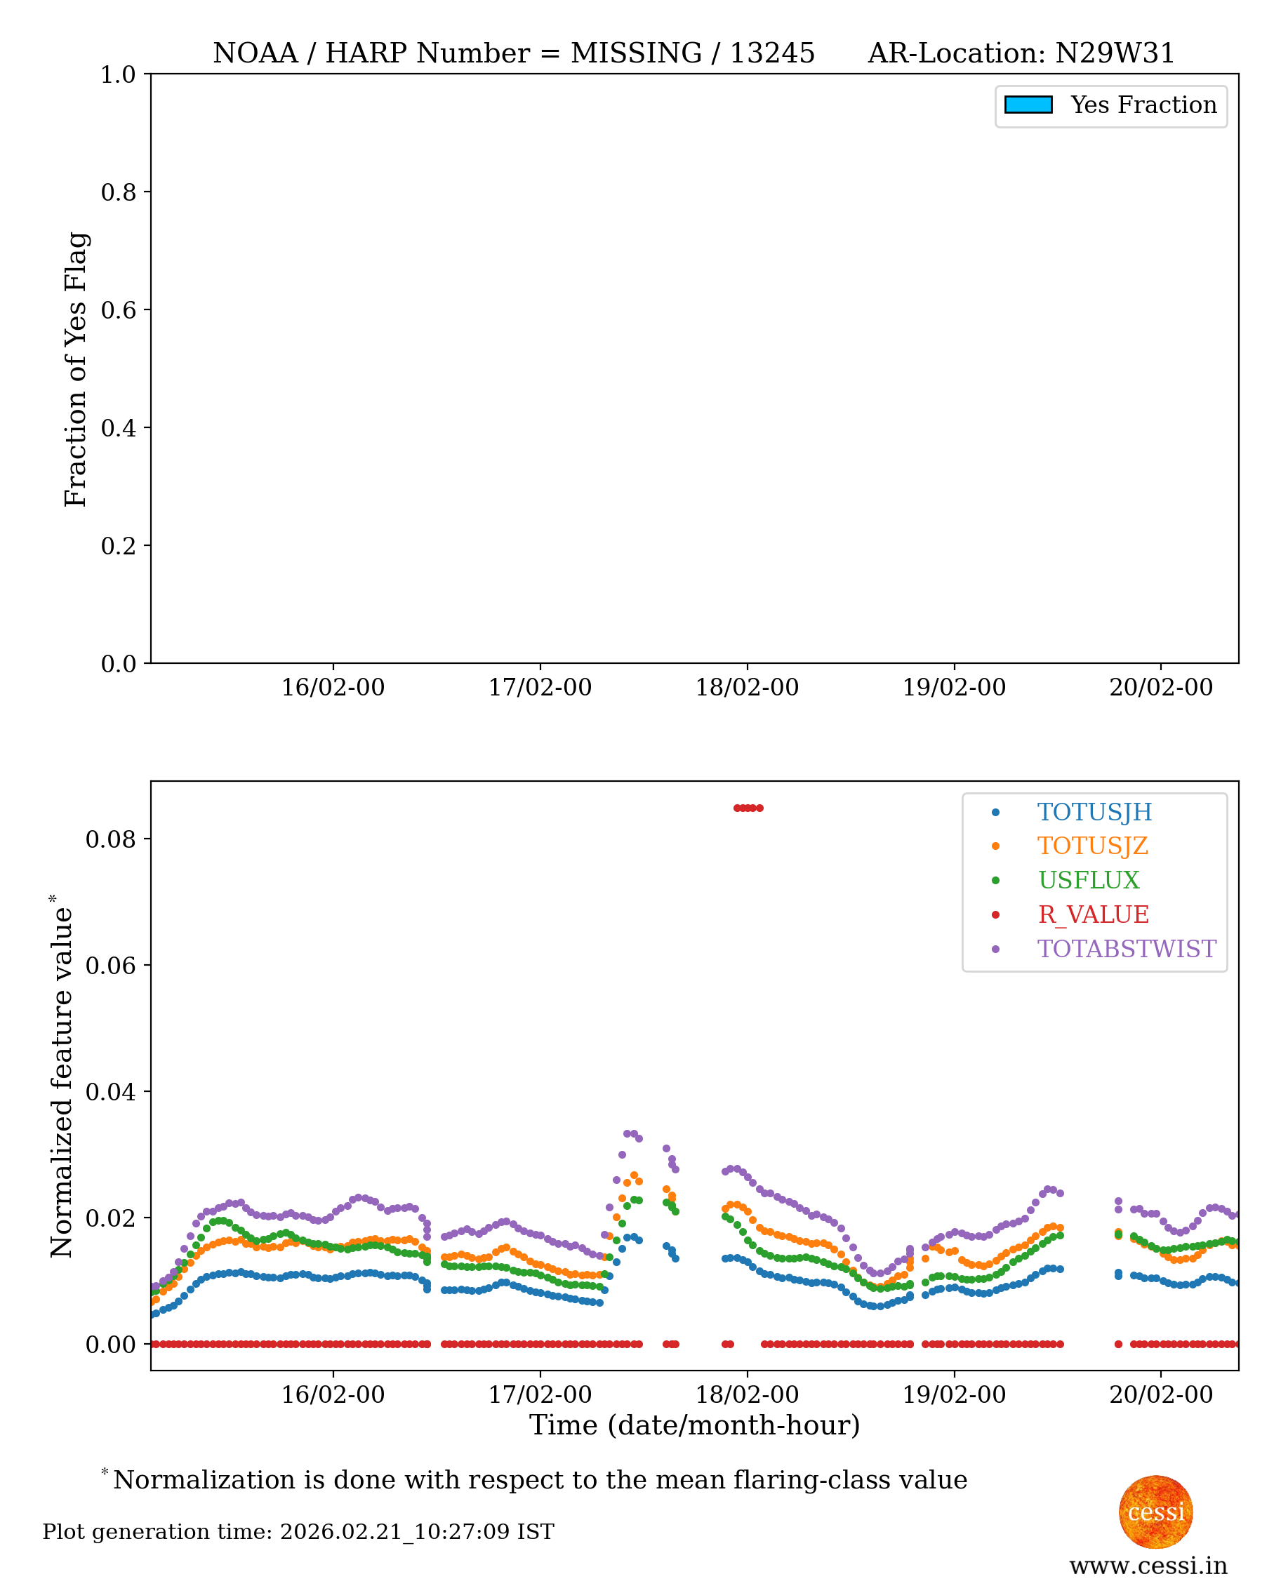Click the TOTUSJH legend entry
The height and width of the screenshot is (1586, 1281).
point(1094,812)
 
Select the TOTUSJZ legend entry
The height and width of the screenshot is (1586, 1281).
point(1092,846)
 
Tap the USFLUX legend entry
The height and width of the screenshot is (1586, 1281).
point(1089,880)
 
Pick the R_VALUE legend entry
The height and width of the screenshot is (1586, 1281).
point(1093,914)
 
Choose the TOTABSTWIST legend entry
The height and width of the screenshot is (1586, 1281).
point(1126,949)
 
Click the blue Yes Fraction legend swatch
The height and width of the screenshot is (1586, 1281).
point(1028,105)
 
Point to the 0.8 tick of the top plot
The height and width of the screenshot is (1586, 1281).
point(118,192)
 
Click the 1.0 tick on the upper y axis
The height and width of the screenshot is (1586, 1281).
point(118,74)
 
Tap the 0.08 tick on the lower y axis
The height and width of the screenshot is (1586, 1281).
point(111,839)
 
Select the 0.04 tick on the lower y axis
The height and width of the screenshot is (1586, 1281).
point(111,1092)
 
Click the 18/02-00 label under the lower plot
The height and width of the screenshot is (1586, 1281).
point(747,1395)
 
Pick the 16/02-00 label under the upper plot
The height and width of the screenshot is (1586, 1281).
point(333,688)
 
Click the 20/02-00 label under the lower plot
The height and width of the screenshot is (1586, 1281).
point(1161,1395)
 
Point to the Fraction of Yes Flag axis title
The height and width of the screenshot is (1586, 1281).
point(76,369)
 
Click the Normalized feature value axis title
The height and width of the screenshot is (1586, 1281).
point(62,1077)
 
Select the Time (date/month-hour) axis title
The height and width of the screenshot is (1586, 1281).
point(694,1425)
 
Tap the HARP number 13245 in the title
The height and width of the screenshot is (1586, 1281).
point(772,53)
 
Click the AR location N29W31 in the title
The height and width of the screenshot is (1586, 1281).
point(1114,53)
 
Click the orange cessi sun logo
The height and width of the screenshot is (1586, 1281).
point(1155,1512)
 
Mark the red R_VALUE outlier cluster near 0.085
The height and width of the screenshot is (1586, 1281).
point(748,808)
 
